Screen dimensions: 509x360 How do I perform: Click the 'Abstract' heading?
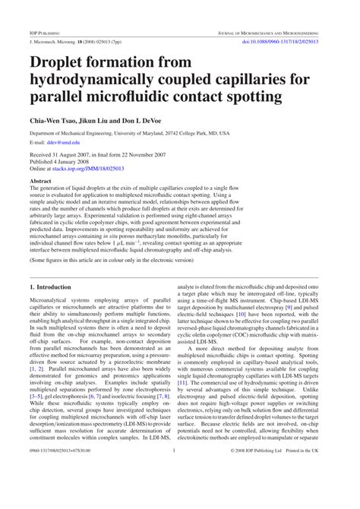coord(40,182)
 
